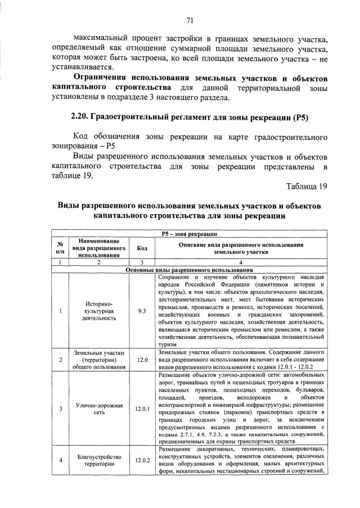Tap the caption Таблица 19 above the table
[x=306, y=186]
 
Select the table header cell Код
[x=142, y=248]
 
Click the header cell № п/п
[x=60, y=248]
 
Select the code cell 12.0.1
[x=142, y=409]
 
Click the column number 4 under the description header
[x=241, y=262]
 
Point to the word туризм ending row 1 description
[x=168, y=344]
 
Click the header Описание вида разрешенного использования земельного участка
[x=241, y=248]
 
